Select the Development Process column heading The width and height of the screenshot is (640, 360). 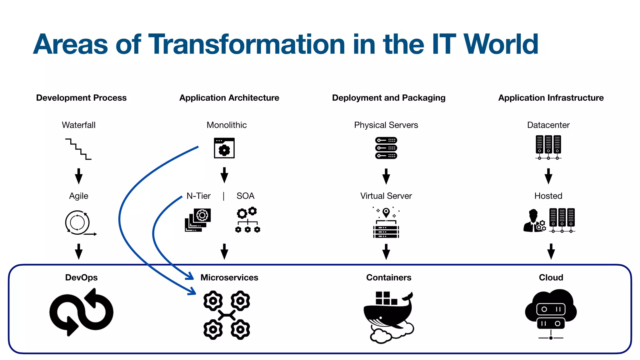click(81, 98)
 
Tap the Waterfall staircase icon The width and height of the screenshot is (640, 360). click(78, 149)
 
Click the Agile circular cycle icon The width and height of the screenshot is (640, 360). click(78, 223)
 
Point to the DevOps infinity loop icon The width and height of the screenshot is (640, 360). click(81, 312)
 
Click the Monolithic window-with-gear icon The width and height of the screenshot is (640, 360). click(224, 148)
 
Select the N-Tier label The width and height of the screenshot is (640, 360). click(198, 196)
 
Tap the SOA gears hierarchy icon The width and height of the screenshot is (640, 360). click(247, 220)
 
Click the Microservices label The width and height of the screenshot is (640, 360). click(229, 277)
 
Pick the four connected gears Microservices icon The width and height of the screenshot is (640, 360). click(227, 315)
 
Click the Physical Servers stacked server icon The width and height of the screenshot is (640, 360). click(386, 148)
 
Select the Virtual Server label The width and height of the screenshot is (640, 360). click(386, 196)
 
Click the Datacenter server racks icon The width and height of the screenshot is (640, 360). click(548, 147)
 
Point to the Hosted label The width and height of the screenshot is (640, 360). click(548, 196)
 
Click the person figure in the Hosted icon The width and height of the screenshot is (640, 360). click(532, 221)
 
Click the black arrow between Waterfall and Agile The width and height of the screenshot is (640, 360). click(79, 176)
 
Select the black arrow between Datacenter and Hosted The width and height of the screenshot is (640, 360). click(548, 176)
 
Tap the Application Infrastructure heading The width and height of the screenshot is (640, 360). click(551, 98)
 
